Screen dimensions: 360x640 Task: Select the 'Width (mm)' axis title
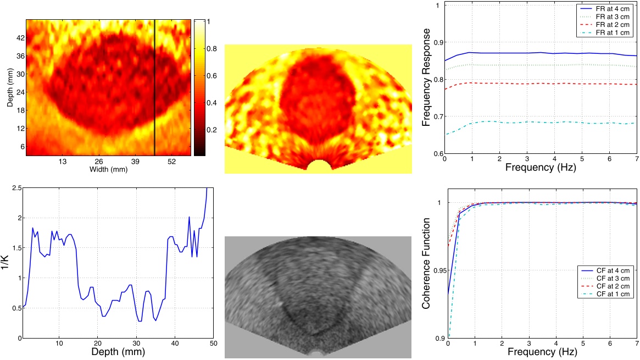[x=108, y=169]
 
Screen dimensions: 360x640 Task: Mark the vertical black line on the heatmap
[x=155, y=88]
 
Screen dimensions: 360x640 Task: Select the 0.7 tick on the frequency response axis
[x=436, y=117]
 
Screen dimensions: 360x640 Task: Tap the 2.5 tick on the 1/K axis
[x=17, y=189]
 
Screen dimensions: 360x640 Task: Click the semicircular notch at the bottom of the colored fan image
[x=318, y=165]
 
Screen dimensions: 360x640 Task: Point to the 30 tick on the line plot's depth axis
[x=136, y=344]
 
